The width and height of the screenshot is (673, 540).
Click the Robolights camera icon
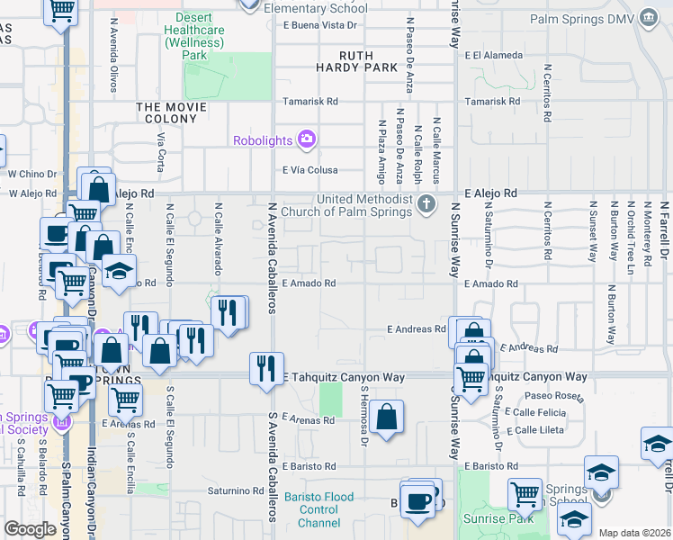click(307, 139)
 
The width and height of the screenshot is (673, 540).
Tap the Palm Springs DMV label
click(588, 19)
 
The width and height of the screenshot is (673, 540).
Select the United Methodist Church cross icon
click(427, 204)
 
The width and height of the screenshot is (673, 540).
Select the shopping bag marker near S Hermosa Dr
click(386, 417)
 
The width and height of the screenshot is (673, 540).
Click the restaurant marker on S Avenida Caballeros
click(265, 368)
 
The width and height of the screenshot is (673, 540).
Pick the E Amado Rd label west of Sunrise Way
click(309, 283)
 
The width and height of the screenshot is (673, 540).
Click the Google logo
click(30, 529)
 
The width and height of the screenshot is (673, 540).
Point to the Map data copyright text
click(634, 533)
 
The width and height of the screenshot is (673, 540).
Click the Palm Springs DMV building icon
click(649, 18)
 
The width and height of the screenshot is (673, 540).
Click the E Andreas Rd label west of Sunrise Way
click(416, 329)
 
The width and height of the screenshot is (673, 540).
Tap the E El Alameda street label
click(495, 56)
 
